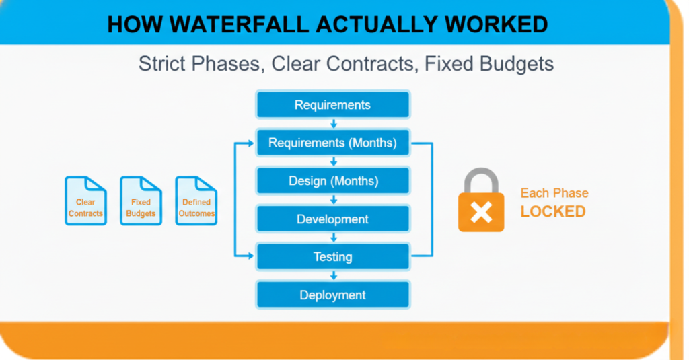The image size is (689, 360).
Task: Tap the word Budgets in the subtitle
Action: (516, 64)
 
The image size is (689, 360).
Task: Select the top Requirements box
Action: (332, 104)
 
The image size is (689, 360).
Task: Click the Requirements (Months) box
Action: (332, 143)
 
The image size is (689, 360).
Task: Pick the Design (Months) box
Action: (332, 180)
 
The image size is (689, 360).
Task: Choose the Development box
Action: (332, 219)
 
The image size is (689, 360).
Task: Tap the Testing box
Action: (332, 256)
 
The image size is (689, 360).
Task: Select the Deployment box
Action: (332, 295)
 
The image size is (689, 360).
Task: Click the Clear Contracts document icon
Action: (85, 201)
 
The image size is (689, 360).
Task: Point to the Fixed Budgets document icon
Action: (141, 201)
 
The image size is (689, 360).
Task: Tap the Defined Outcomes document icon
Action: (196, 201)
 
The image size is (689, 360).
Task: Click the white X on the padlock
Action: (481, 213)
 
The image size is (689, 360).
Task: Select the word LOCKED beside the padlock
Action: (553, 211)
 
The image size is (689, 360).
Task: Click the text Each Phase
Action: (554, 193)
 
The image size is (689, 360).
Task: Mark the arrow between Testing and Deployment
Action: (334, 276)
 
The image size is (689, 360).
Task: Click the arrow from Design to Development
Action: (334, 200)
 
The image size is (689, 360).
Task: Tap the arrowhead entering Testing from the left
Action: (251, 256)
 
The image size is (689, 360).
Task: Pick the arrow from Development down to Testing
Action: (334, 238)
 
